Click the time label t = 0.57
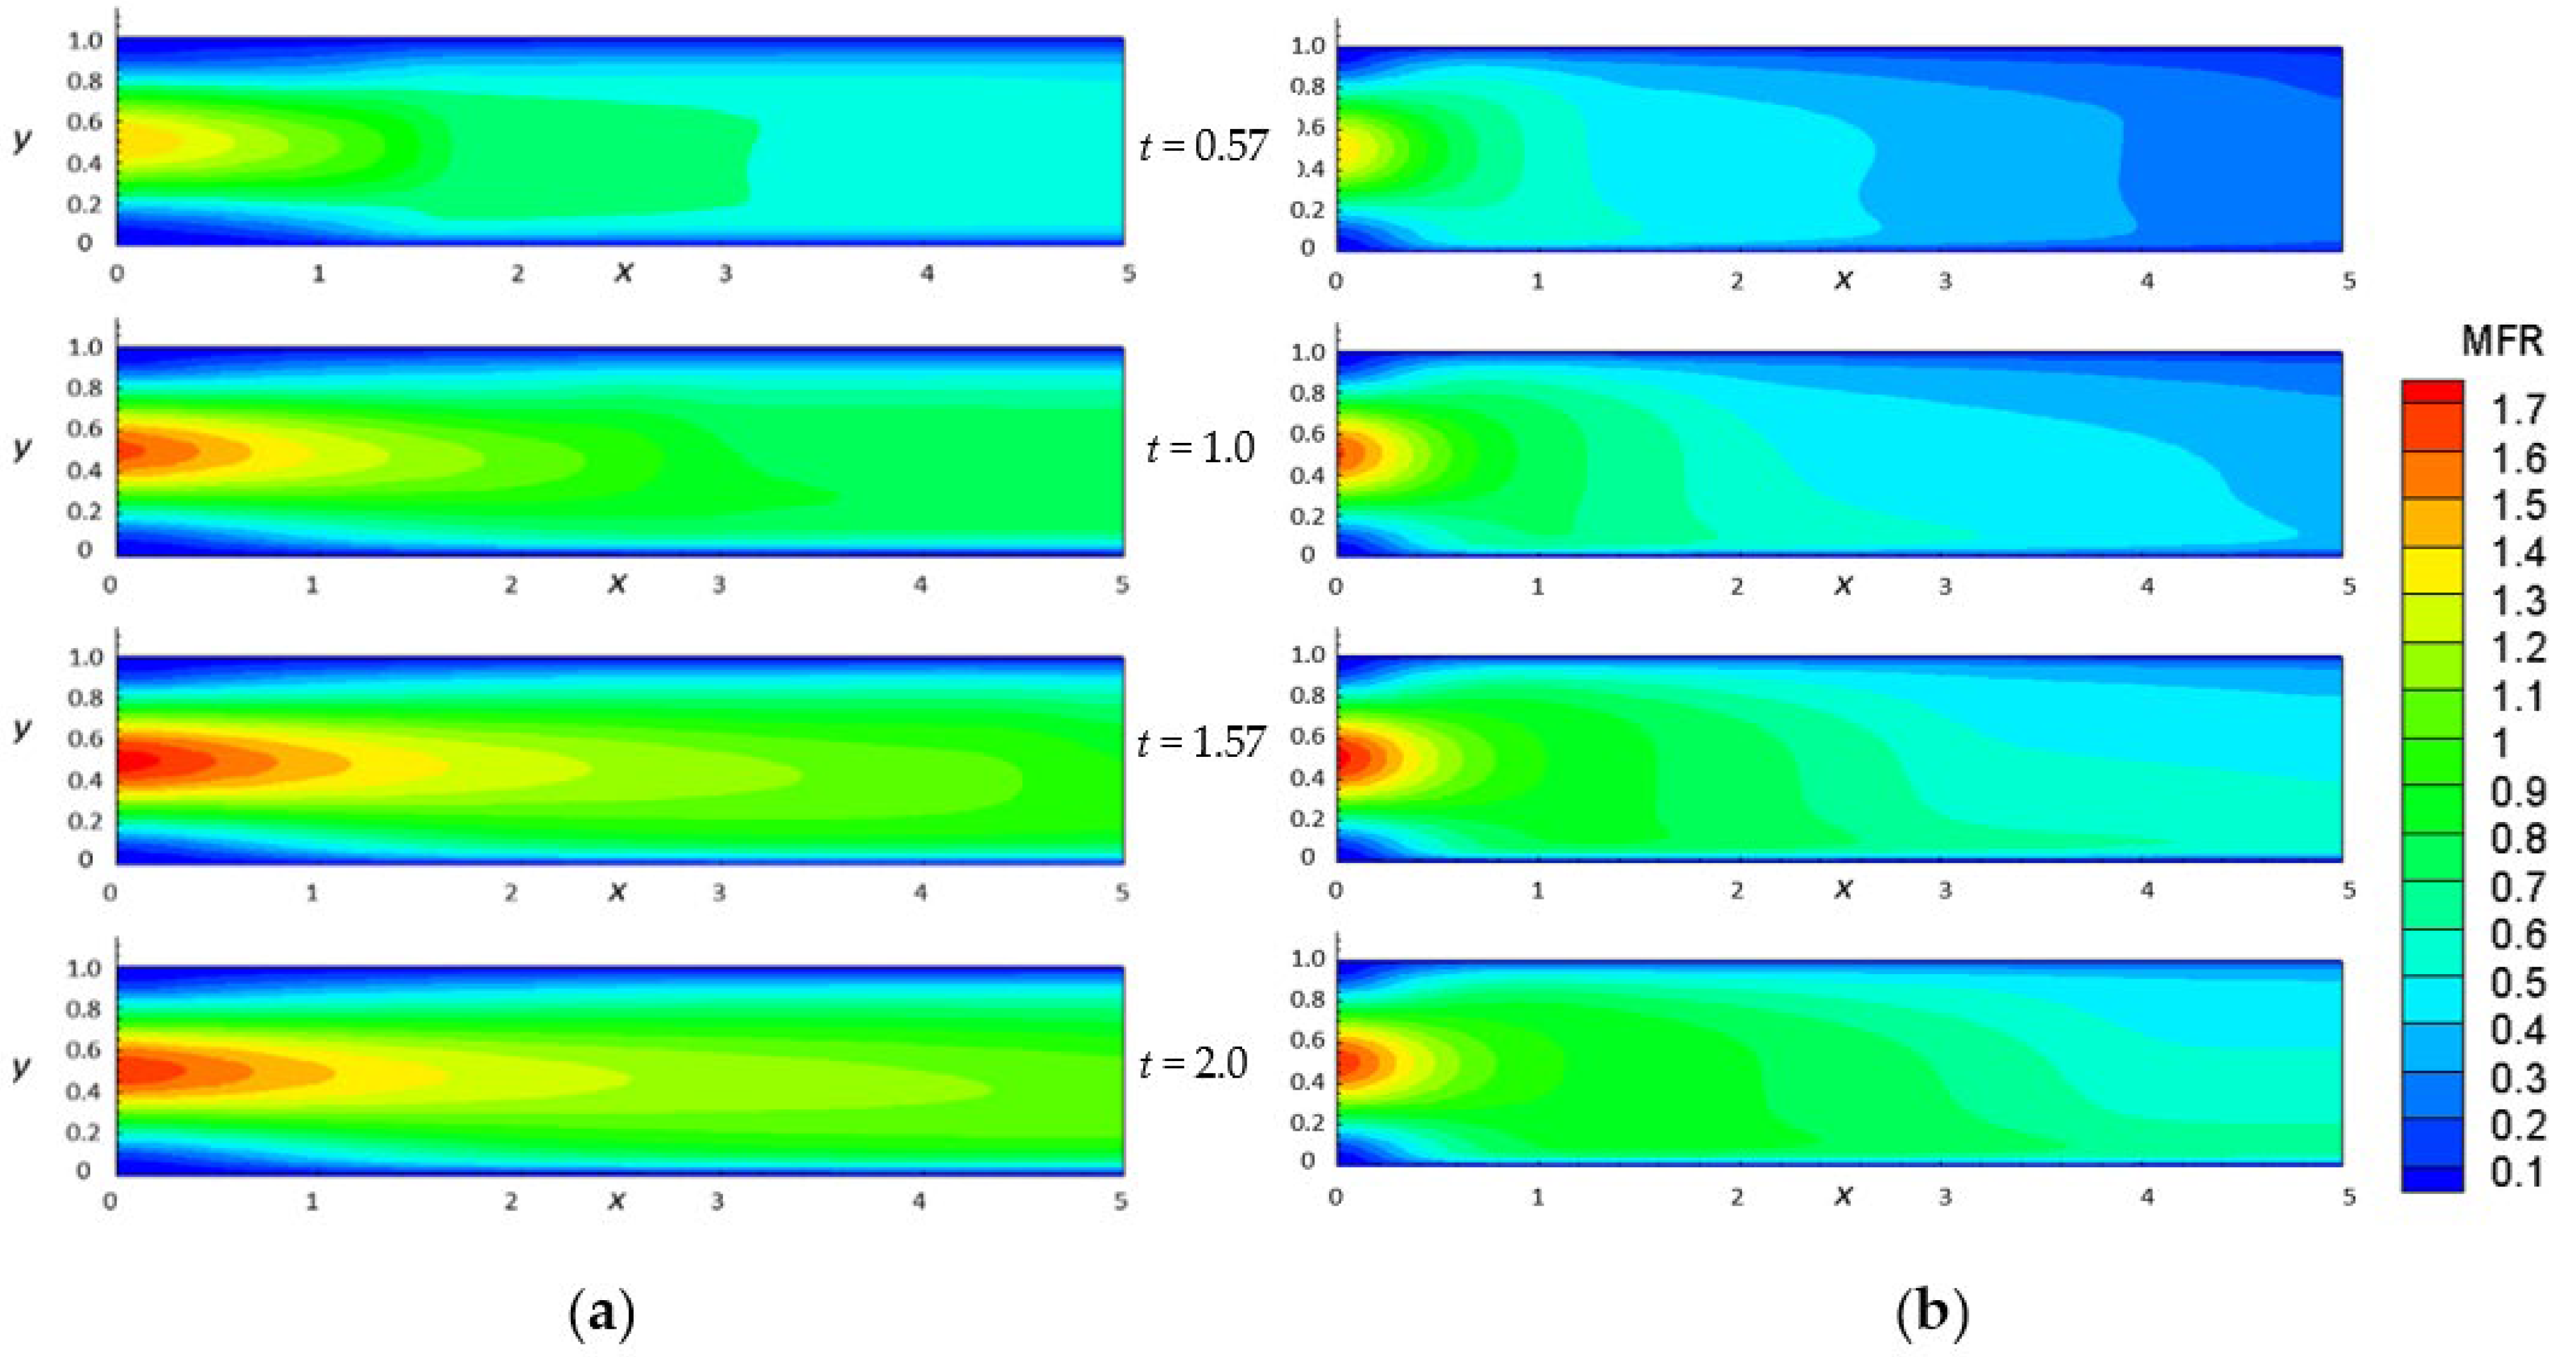click(x=1203, y=146)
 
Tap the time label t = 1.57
click(x=1201, y=742)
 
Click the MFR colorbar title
click(x=2501, y=342)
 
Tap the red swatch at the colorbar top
click(x=2432, y=391)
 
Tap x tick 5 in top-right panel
click(x=2349, y=281)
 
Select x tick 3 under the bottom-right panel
click(x=1944, y=1197)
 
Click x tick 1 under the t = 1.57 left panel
click(x=312, y=893)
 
